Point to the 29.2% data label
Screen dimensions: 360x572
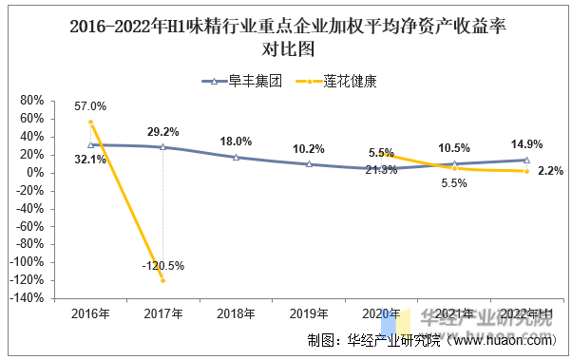163,132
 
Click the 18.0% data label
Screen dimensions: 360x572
236,142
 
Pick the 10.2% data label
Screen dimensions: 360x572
309,149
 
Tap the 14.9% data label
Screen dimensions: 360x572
526,144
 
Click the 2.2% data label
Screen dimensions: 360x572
550,171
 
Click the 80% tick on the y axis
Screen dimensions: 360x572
31,100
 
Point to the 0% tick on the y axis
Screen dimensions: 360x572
35,172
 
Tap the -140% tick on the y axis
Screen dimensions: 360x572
27,298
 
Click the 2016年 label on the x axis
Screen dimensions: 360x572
90,313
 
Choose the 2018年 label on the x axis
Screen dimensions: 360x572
236,313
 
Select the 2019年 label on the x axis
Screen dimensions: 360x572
309,313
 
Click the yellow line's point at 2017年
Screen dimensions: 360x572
162,280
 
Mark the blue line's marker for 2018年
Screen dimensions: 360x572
236,157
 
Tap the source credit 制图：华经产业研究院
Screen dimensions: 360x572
374,341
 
